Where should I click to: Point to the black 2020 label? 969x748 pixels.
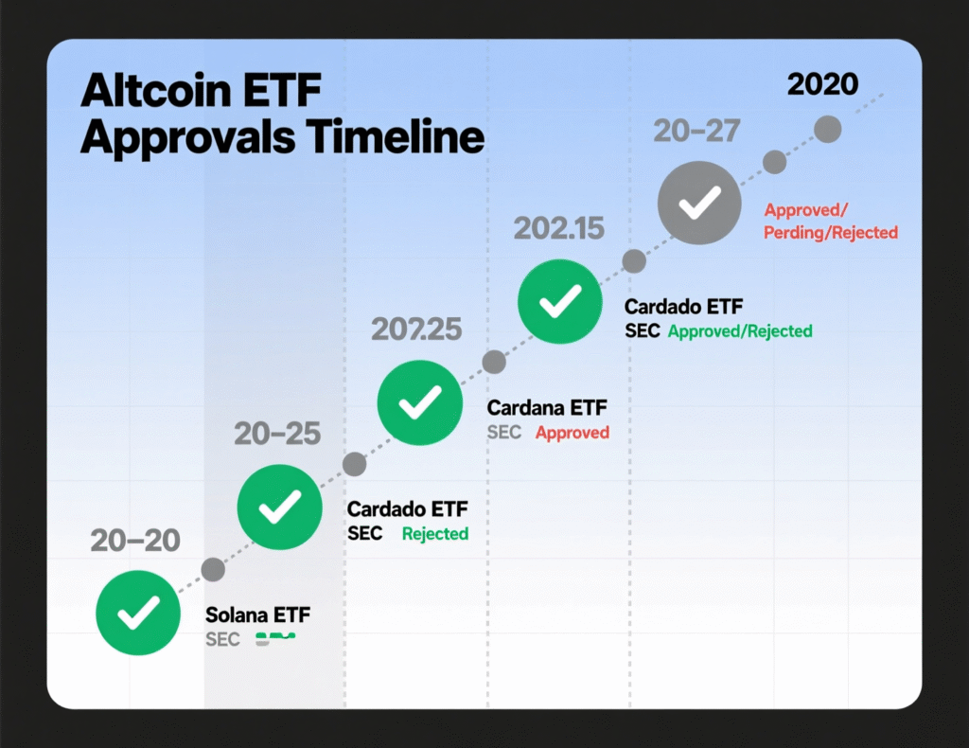[822, 84]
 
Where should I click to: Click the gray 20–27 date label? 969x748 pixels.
[696, 132]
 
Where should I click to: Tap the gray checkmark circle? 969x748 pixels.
[699, 204]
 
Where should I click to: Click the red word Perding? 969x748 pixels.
[793, 232]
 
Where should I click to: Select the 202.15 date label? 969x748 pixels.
[558, 228]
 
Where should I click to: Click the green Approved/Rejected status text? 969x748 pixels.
[740, 331]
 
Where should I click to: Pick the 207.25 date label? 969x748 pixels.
[416, 329]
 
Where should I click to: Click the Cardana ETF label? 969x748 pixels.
[547, 408]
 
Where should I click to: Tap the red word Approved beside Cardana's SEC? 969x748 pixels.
[573, 433]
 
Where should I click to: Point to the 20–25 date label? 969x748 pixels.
[277, 434]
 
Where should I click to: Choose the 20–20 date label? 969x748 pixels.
[135, 540]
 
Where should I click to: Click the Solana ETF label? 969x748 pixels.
[257, 615]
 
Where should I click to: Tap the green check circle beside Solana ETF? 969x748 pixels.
[138, 614]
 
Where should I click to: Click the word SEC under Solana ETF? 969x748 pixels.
[222, 639]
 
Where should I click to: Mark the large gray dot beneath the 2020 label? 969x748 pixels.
[828, 130]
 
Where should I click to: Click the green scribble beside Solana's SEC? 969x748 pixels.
[274, 639]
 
